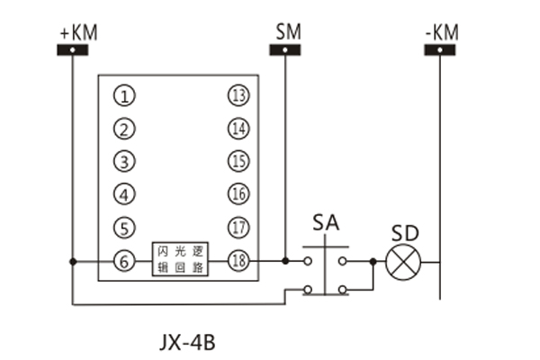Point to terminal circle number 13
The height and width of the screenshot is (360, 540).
(x=238, y=95)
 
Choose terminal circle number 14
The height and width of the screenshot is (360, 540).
(x=238, y=129)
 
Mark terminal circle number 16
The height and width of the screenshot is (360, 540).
(x=238, y=193)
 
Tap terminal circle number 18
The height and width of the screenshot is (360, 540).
(x=238, y=260)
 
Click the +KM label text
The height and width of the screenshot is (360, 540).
(x=78, y=32)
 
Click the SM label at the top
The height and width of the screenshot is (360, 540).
(x=288, y=31)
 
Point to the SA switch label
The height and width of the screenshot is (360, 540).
(x=326, y=222)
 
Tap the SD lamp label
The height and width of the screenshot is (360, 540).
(x=405, y=233)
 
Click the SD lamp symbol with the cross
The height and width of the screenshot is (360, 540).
(x=403, y=262)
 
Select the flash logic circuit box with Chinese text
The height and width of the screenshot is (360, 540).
(x=182, y=260)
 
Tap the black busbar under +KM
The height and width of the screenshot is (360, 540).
(x=78, y=49)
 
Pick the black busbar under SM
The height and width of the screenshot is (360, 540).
(x=286, y=49)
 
